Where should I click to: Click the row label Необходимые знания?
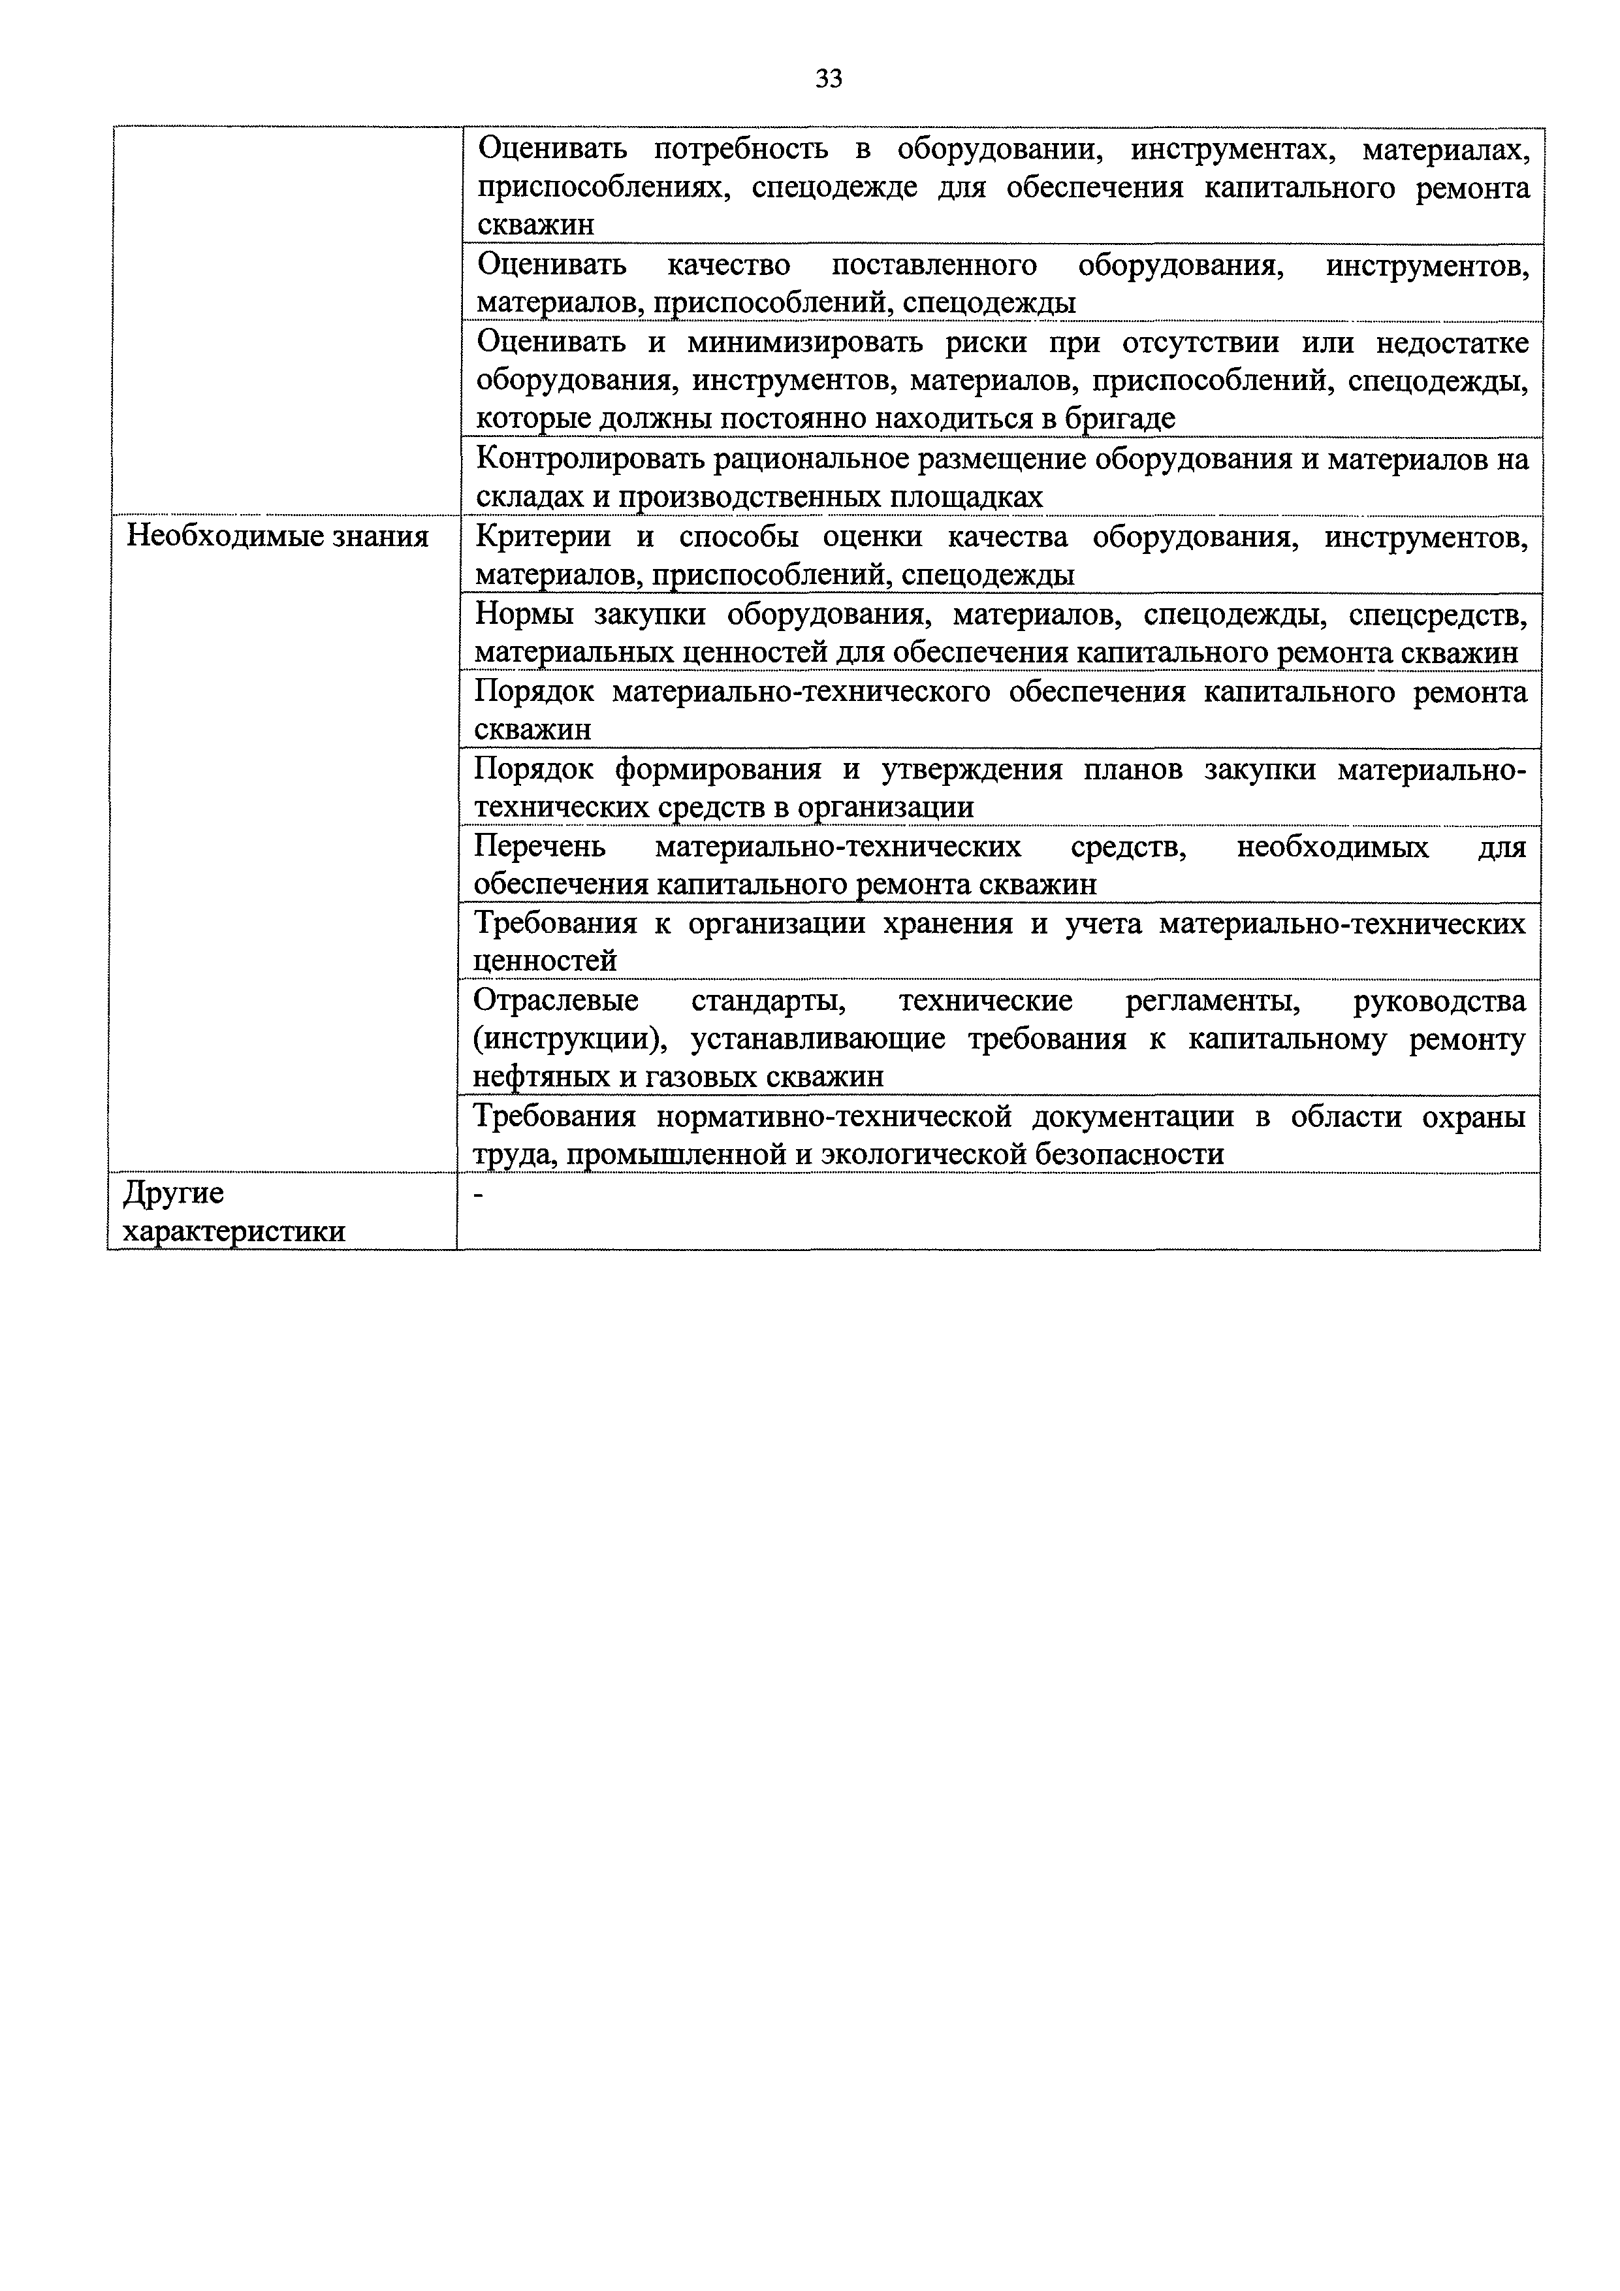tap(278, 537)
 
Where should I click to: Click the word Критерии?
tap(543, 537)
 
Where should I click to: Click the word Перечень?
tap(539, 847)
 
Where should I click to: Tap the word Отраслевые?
tap(556, 1001)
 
